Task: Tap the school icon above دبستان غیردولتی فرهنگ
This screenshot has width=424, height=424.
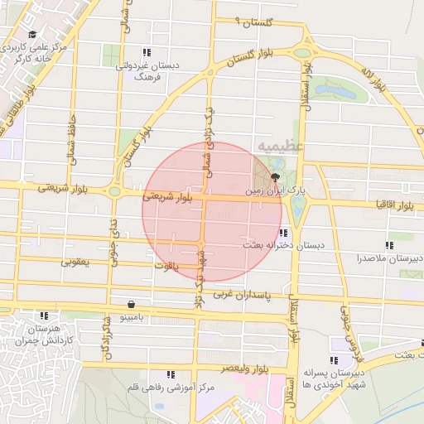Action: pyautogui.click(x=147, y=52)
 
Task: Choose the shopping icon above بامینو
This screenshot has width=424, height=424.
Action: pyautogui.click(x=132, y=303)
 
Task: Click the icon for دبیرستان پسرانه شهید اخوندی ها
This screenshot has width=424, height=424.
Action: pyautogui.click(x=334, y=361)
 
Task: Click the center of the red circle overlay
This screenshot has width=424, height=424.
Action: pyautogui.click(x=213, y=211)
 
